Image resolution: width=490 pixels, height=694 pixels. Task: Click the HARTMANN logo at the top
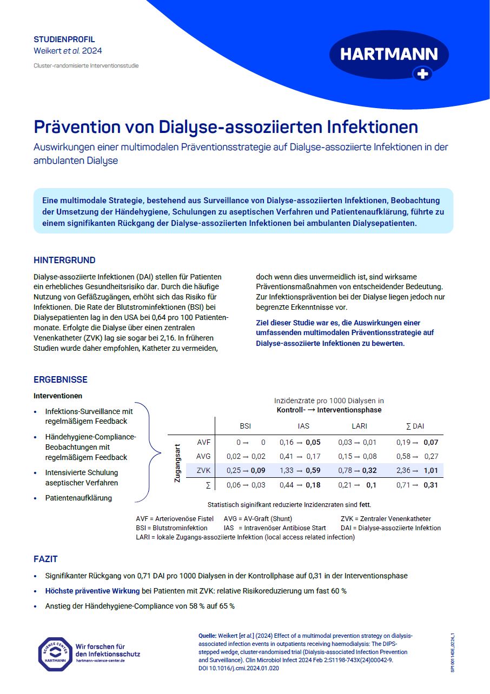pyautogui.click(x=389, y=55)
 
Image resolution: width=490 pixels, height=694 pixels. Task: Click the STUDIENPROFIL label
pyautogui.click(x=64, y=39)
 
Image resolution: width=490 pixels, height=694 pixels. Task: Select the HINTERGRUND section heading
pyautogui.click(x=64, y=260)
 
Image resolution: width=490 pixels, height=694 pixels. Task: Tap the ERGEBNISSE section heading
pyautogui.click(x=61, y=380)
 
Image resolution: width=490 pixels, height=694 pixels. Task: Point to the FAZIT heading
pyautogui.click(x=45, y=559)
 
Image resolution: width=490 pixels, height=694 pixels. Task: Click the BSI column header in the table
pyautogui.click(x=245, y=426)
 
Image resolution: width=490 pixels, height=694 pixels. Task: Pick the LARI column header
pyautogui.click(x=359, y=426)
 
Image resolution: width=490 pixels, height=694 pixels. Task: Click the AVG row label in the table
pyautogui.click(x=203, y=456)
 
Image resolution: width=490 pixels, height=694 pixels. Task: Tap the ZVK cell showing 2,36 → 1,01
pyautogui.click(x=416, y=470)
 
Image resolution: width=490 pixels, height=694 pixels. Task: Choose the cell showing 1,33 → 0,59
pyautogui.click(x=300, y=470)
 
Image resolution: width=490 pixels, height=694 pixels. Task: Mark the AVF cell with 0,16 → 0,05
pyautogui.click(x=300, y=442)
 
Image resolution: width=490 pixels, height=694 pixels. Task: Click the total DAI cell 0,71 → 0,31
pyautogui.click(x=416, y=485)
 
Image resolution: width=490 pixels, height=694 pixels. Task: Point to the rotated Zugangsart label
pyautogui.click(x=177, y=463)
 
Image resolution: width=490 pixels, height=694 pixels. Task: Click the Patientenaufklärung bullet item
pyautogui.click(x=78, y=498)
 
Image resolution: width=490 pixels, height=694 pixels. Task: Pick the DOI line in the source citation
pyautogui.click(x=239, y=668)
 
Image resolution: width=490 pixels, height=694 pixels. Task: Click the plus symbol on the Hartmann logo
pyautogui.click(x=422, y=75)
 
